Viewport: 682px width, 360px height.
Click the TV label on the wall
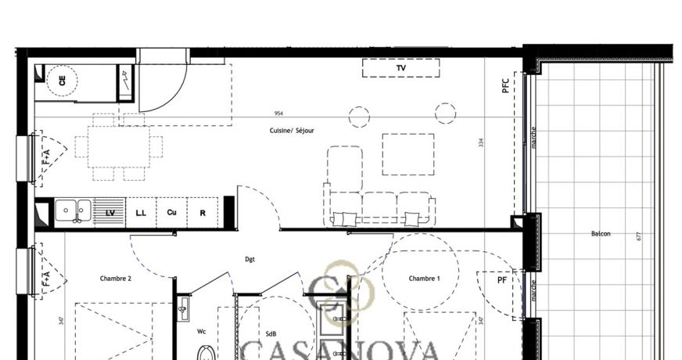pyautogui.click(x=401, y=69)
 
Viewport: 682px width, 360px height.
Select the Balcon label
pyautogui.click(x=601, y=233)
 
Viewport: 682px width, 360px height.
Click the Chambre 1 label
pyautogui.click(x=424, y=279)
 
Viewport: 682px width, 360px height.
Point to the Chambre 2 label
pyautogui.click(x=116, y=279)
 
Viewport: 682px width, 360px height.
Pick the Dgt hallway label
pyautogui.click(x=249, y=259)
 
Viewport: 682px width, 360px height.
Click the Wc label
pyautogui.click(x=201, y=331)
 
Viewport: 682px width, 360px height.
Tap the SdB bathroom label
pyautogui.click(x=271, y=334)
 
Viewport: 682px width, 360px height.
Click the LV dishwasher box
pyautogui.click(x=109, y=212)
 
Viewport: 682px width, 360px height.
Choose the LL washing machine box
pyautogui.click(x=141, y=212)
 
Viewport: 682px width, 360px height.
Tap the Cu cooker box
pyautogui.click(x=171, y=212)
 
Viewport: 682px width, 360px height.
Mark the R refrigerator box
pyautogui.click(x=203, y=212)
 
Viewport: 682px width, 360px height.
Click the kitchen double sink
pyautogui.click(x=72, y=210)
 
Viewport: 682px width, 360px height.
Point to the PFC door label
pyautogui.click(x=506, y=85)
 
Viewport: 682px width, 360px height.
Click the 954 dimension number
pyautogui.click(x=278, y=114)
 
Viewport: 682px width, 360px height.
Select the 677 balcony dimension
pyautogui.click(x=639, y=236)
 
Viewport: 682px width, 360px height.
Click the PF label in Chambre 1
pyautogui.click(x=502, y=279)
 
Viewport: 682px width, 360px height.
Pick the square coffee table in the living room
pyautogui.click(x=407, y=154)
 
